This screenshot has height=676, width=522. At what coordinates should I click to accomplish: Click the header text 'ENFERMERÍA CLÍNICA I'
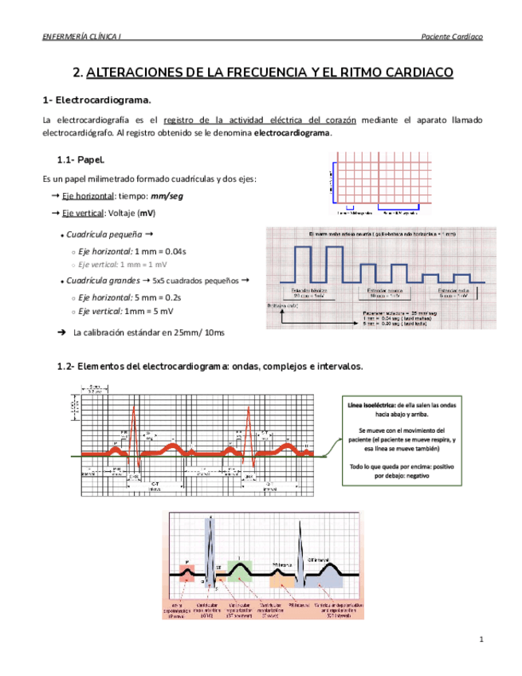(80, 37)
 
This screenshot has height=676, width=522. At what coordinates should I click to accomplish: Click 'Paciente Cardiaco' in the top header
(450, 37)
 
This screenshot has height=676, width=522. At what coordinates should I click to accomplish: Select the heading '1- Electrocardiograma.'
(96, 100)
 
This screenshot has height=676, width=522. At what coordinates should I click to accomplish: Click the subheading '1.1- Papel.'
(81, 159)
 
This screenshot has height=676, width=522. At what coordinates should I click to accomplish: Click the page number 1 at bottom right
(481, 640)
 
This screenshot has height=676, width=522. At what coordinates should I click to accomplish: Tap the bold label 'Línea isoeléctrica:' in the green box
(371, 406)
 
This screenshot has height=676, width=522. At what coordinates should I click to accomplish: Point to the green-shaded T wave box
(239, 569)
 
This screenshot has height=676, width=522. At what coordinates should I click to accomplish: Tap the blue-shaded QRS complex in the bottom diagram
(210, 558)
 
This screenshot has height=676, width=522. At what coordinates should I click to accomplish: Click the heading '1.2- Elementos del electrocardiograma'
(209, 367)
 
